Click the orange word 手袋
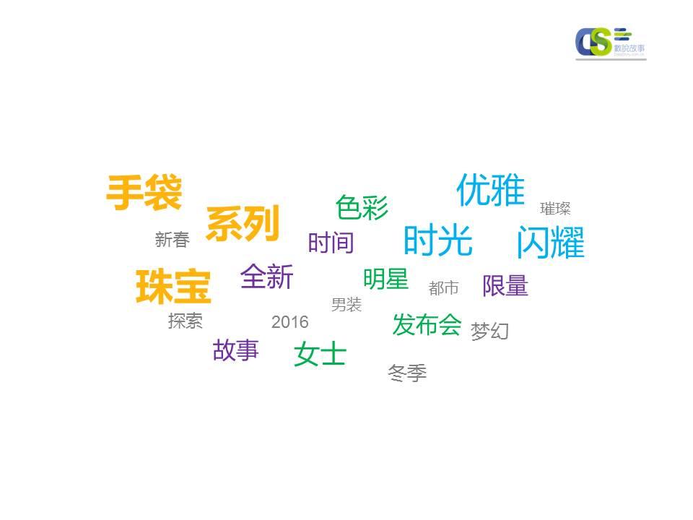[144, 194]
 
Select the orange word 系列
[243, 225]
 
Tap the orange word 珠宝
[173, 287]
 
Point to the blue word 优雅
[490, 190]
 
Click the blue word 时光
[437, 240]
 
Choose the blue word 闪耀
[550, 243]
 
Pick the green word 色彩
[362, 208]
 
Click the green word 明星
[385, 279]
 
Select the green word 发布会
[427, 325]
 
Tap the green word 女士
[321, 355]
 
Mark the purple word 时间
[331, 243]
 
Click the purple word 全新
[267, 277]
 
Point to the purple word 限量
[505, 286]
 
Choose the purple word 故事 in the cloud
[235, 351]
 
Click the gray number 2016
[289, 322]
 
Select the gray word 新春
[172, 240]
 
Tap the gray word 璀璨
[555, 209]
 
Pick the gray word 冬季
[407, 373]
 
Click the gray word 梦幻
[490, 331]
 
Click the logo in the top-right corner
[611, 43]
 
